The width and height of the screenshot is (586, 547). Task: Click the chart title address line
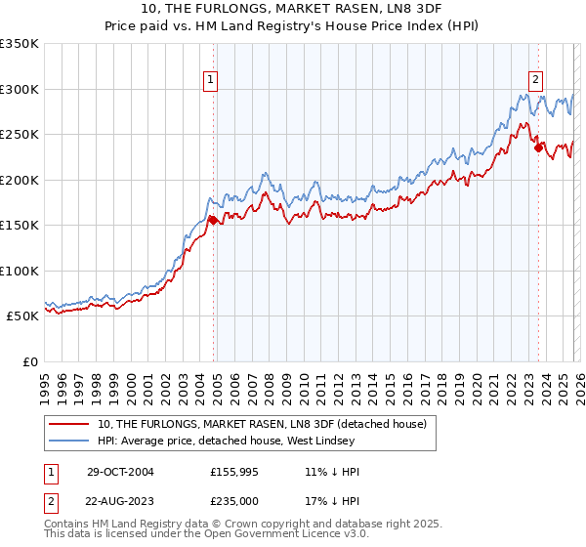[x=293, y=9]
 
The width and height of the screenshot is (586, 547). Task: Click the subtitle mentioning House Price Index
[x=293, y=25]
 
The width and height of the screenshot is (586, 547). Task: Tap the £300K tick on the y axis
[x=20, y=89]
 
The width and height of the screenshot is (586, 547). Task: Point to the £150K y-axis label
[x=20, y=226]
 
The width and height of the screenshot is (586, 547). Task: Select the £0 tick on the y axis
[x=29, y=362]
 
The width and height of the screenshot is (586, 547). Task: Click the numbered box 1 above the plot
[x=210, y=81]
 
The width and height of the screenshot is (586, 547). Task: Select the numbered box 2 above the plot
[x=536, y=81]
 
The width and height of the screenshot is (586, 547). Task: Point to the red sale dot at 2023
[x=538, y=148]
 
